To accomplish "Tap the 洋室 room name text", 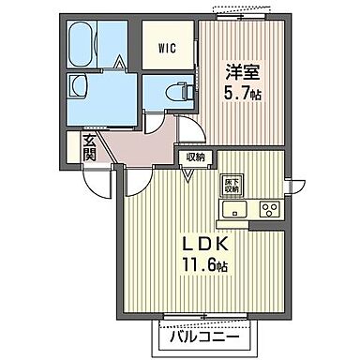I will click(237, 71).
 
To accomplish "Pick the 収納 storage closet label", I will click(195, 157).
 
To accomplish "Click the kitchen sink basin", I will click(232, 209).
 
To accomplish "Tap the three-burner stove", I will click(270, 209).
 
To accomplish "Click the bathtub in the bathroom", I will click(83, 45).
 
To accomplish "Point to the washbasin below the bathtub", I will click(78, 91).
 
